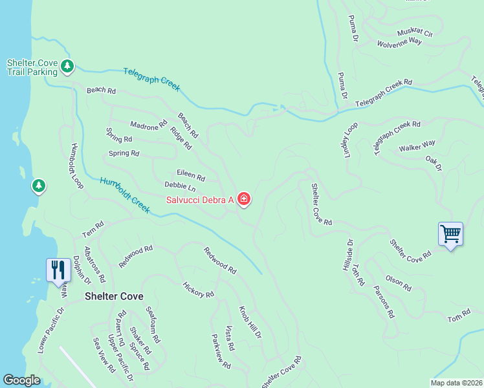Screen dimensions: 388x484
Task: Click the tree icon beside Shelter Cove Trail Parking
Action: tap(67, 65)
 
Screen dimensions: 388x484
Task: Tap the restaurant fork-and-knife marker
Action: tap(58, 270)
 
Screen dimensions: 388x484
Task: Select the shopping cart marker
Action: tap(450, 233)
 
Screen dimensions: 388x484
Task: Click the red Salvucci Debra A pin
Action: tap(244, 199)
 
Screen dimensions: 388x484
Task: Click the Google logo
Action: tap(21, 380)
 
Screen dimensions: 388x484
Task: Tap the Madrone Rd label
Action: tap(149, 126)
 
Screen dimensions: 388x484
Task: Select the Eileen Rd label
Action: tap(191, 175)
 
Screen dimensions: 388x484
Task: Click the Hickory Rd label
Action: tap(198, 290)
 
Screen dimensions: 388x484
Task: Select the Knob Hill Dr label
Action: tap(250, 323)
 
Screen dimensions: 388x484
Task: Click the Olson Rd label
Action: tap(398, 282)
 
